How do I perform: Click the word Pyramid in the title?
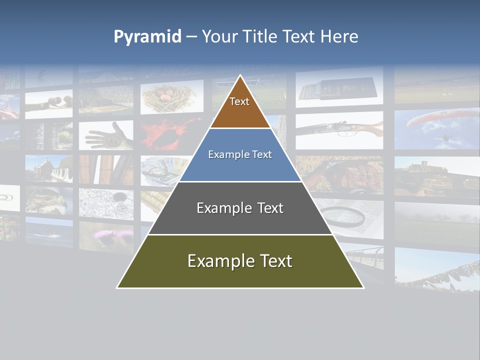pos(147,36)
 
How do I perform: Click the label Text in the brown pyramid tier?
pos(239,101)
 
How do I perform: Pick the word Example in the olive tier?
pos(216,261)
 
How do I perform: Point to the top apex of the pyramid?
pos(240,75)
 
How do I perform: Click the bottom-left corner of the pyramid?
pos(117,287)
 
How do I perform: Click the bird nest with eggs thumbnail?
pos(170,97)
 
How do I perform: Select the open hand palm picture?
pos(107,135)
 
